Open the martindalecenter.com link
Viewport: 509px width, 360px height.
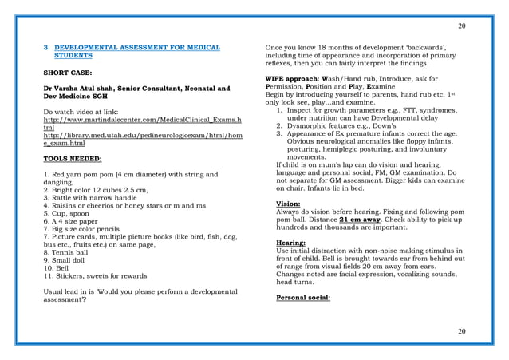[132, 119]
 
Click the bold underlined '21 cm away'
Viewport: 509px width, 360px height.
[363, 219]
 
